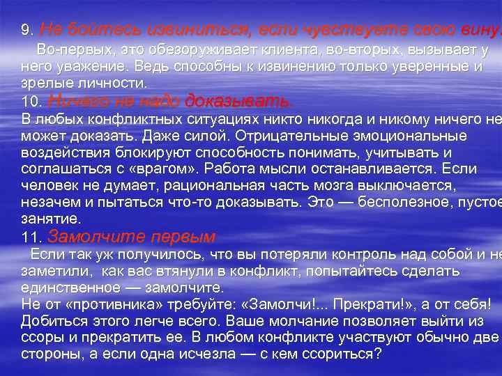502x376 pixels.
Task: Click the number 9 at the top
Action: click(26, 31)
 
